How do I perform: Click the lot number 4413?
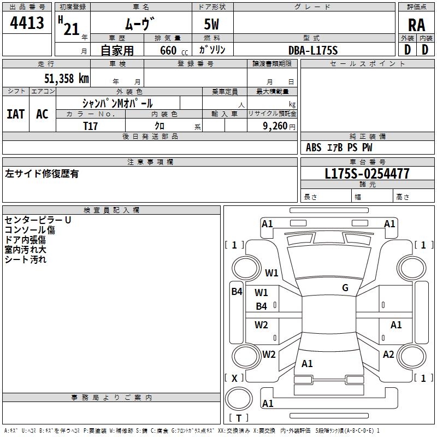[x=27, y=22]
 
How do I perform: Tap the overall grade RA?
[x=416, y=25]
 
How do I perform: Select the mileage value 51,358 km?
[x=67, y=78]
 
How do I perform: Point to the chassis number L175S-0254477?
[x=367, y=174]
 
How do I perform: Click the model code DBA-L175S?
[x=313, y=50]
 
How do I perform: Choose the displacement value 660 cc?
[x=174, y=51]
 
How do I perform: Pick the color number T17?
[x=90, y=126]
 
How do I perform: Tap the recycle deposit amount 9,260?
[x=275, y=126]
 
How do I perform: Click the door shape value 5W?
[x=211, y=24]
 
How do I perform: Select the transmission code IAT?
[x=16, y=114]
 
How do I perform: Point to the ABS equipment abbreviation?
[x=314, y=147]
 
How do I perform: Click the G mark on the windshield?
[x=345, y=288]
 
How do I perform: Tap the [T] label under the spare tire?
[x=239, y=418]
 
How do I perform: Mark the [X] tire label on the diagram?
[x=234, y=378]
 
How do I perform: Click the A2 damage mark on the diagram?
[x=388, y=355]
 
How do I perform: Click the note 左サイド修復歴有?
[x=42, y=174]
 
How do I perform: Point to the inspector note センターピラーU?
[x=38, y=220]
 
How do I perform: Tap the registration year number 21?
[x=72, y=29]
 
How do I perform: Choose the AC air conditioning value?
[x=43, y=114]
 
